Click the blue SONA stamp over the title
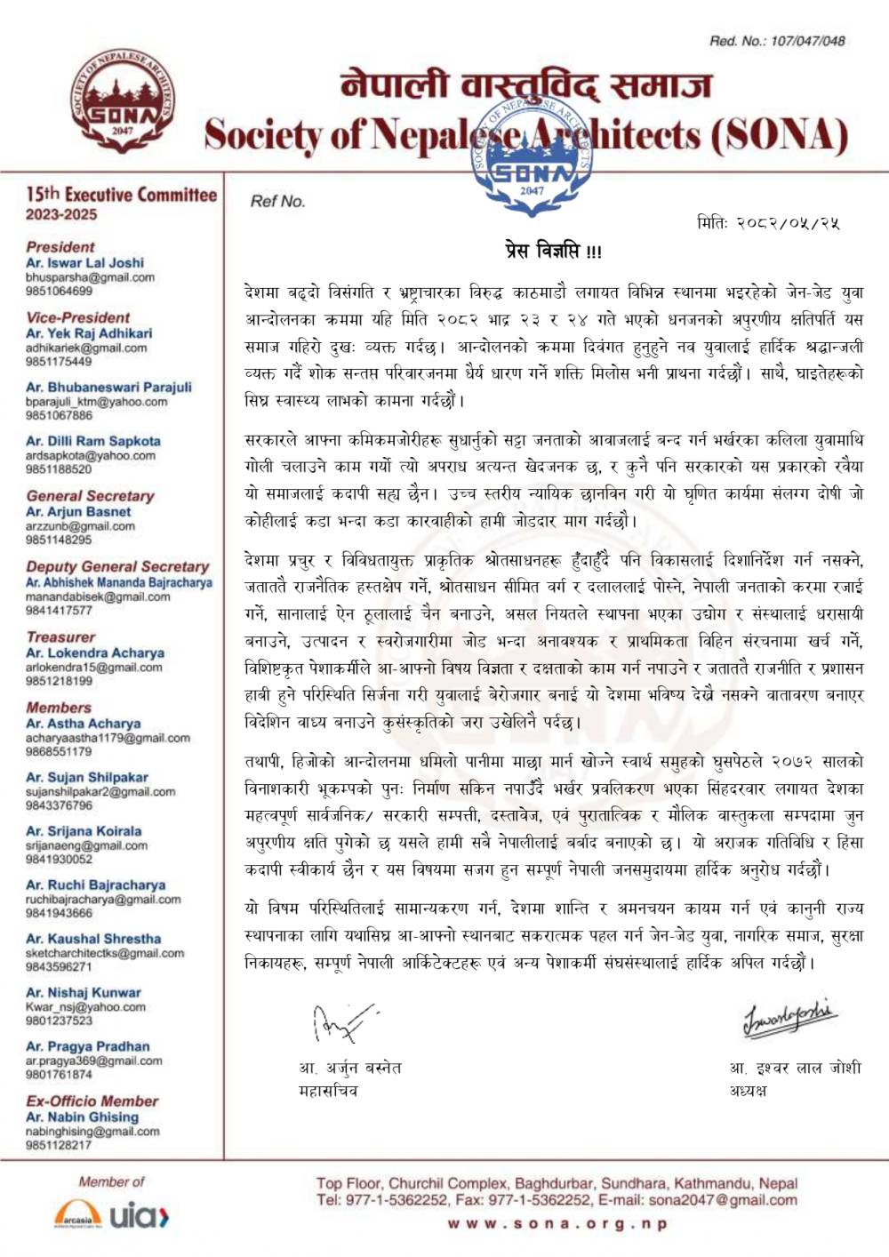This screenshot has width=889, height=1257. pyautogui.click(x=532, y=156)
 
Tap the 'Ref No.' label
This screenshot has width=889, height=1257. pyautogui.click(x=277, y=202)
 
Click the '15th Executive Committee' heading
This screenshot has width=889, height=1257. pyautogui.click(x=121, y=195)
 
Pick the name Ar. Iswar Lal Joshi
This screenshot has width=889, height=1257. pyautogui.click(x=84, y=263)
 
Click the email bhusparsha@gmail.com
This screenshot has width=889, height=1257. pyautogui.click(x=90, y=277)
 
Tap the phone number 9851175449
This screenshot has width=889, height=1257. pyautogui.click(x=59, y=362)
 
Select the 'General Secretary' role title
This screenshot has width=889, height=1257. pyautogui.click(x=90, y=496)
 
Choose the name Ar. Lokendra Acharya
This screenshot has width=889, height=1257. pyautogui.click(x=95, y=653)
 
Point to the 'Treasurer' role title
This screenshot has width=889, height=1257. pyautogui.click(x=60, y=637)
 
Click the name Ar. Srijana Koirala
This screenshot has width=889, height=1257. pyautogui.click(x=84, y=831)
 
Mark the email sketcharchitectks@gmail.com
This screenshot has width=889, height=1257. pyautogui.click(x=105, y=953)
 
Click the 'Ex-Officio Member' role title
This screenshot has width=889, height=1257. pyautogui.click(x=92, y=1101)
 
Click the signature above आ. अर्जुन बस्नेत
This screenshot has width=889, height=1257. pyautogui.click(x=342, y=1023)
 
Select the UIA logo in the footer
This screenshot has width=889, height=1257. pyautogui.click(x=140, y=1215)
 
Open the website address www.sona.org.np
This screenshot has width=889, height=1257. pyautogui.click(x=557, y=1224)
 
